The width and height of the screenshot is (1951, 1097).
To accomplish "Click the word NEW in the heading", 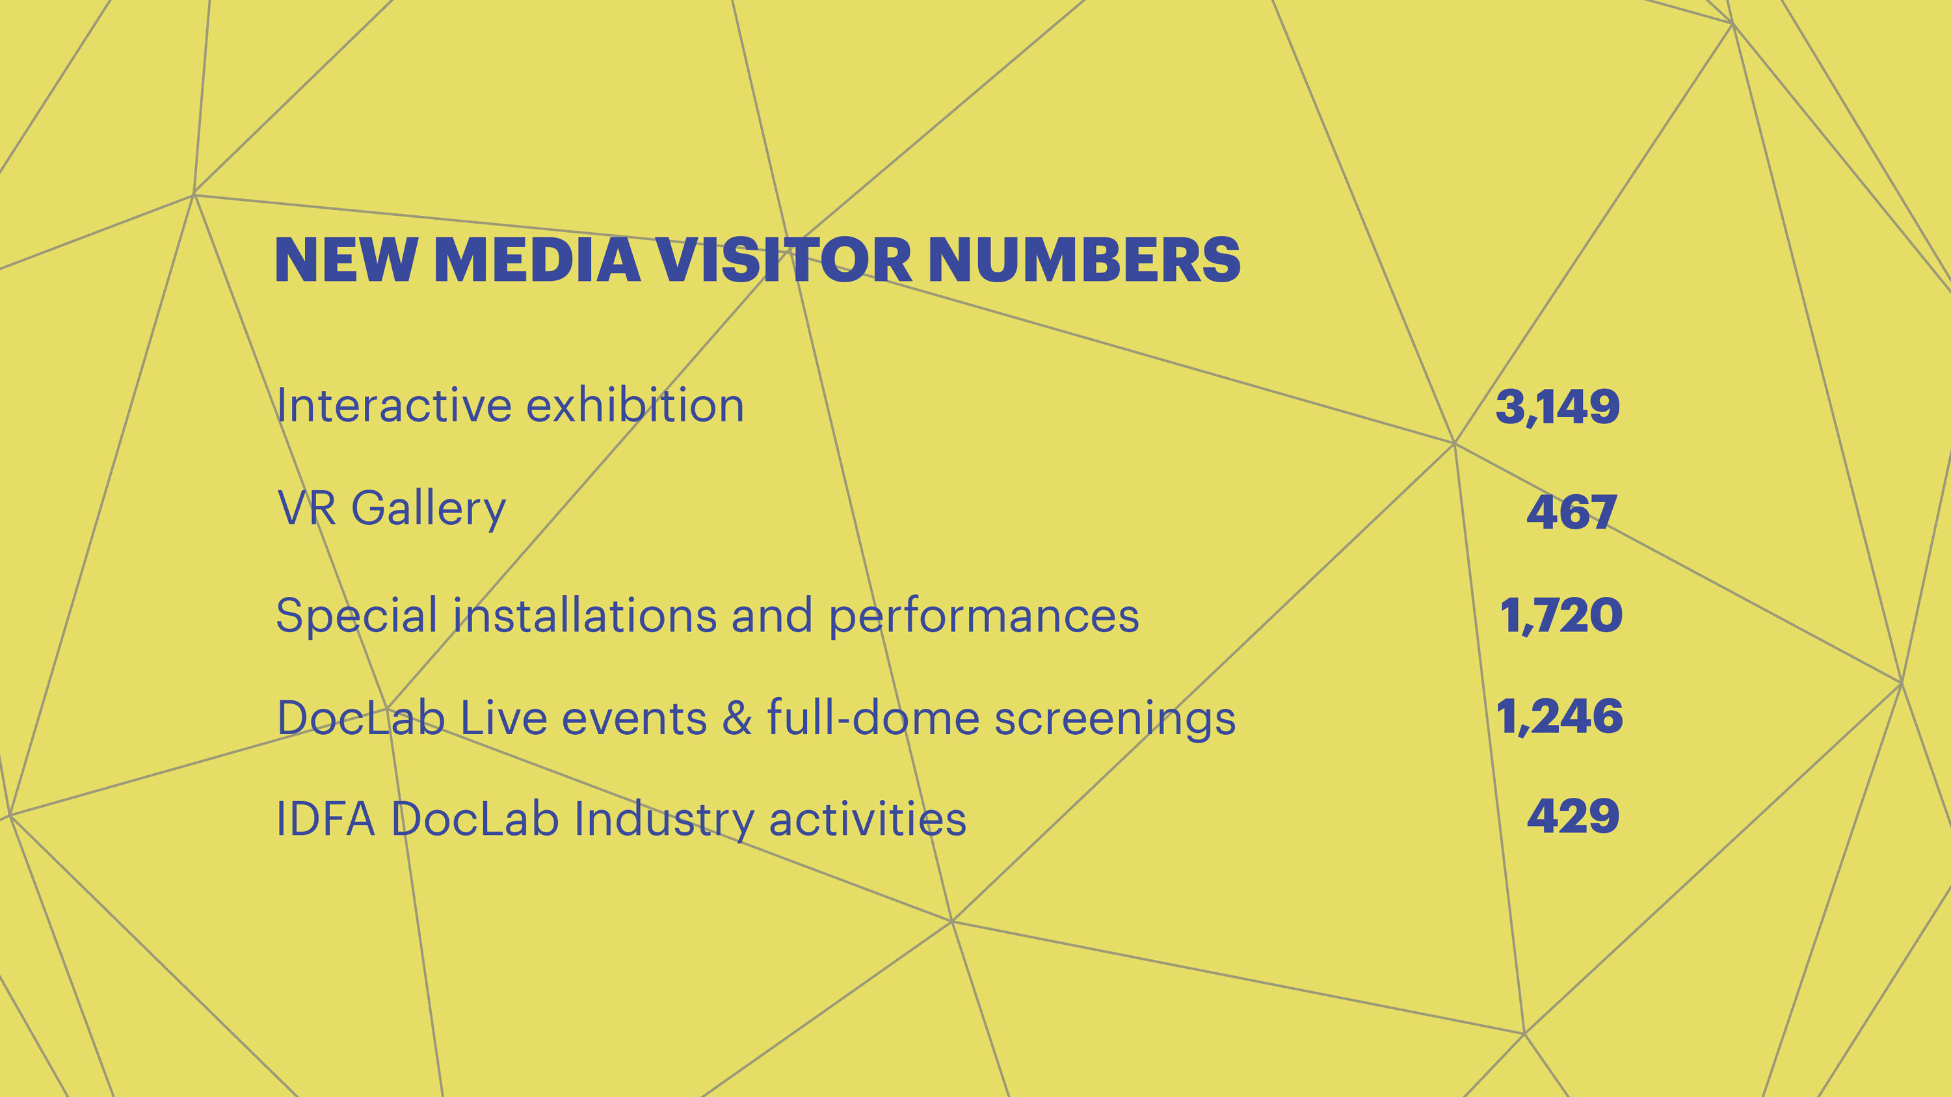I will (x=345, y=261).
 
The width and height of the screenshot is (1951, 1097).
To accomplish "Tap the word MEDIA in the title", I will (x=537, y=261).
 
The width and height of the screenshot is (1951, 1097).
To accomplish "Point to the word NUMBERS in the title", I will (x=1084, y=261).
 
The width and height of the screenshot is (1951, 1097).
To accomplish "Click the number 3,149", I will (x=1557, y=407).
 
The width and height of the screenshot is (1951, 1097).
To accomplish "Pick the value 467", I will (x=1572, y=512).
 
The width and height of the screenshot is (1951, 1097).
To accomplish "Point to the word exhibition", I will (x=635, y=406).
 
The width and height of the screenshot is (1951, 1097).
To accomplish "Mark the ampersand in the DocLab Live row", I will (x=737, y=718).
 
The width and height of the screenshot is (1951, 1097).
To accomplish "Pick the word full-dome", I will (x=873, y=717).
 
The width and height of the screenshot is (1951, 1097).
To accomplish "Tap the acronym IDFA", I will (x=326, y=819).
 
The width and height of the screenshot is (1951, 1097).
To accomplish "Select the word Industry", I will (x=663, y=820).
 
